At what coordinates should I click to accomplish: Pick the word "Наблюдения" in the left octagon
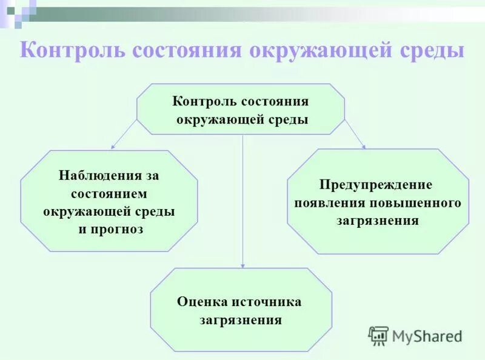tap(99, 176)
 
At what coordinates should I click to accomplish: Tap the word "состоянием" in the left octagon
tap(109, 194)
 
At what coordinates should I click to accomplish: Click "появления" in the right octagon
tap(330, 202)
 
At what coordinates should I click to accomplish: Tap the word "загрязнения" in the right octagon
tap(377, 221)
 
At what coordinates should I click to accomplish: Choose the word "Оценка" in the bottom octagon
tap(202, 301)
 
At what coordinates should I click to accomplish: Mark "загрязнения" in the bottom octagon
tap(241, 319)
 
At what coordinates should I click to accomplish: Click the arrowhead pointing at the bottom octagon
tap(242, 265)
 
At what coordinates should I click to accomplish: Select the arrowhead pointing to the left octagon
tap(113, 146)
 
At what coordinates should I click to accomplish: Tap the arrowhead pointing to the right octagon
tap(363, 145)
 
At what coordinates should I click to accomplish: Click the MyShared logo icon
tap(378, 335)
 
